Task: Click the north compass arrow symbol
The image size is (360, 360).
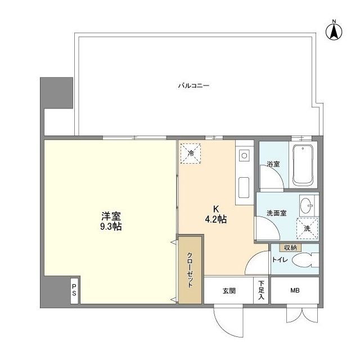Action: point(334,31)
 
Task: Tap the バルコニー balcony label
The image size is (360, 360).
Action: point(193,86)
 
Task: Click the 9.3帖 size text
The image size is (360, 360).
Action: point(111,227)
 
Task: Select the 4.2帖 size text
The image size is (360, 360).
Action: point(216,219)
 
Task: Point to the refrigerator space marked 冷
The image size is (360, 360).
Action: point(191,154)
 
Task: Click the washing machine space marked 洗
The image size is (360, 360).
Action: point(308,228)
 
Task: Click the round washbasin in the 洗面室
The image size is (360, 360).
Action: point(307,205)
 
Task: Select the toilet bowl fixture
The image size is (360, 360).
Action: point(305,260)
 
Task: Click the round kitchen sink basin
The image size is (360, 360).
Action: point(244,156)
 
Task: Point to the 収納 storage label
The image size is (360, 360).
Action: point(290,247)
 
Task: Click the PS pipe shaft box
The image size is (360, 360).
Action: point(74,290)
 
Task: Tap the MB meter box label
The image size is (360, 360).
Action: point(295,290)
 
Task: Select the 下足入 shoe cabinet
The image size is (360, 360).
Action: point(261,290)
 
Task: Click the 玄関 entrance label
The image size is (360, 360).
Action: point(229,291)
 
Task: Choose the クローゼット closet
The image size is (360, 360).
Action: point(190,270)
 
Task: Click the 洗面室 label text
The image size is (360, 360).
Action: point(277,213)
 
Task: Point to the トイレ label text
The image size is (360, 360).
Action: point(280,260)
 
